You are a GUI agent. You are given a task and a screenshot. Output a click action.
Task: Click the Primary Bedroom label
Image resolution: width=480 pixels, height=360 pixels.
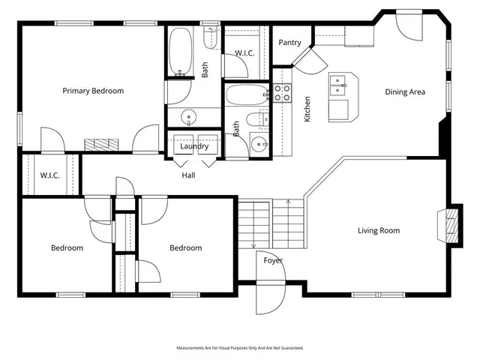click(x=93, y=91)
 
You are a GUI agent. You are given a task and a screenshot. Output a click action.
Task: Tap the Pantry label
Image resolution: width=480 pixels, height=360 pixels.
click(x=289, y=43)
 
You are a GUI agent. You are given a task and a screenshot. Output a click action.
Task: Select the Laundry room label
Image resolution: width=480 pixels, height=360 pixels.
click(x=194, y=146)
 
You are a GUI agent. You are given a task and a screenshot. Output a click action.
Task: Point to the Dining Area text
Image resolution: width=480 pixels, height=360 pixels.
click(x=405, y=92)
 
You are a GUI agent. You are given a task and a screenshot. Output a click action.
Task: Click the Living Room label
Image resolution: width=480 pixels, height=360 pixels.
click(x=378, y=231)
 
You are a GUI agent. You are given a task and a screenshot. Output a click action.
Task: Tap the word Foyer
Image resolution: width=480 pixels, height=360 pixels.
click(x=273, y=260)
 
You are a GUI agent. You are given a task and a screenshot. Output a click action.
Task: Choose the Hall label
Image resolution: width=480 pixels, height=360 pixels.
click(x=188, y=175)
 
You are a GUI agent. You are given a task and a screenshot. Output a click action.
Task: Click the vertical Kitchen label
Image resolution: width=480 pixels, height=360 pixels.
click(x=307, y=109)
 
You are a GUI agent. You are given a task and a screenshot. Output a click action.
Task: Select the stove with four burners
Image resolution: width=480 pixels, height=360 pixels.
click(x=281, y=92)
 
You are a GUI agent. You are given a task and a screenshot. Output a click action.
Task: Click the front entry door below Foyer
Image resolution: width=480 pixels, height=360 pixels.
click(x=267, y=298)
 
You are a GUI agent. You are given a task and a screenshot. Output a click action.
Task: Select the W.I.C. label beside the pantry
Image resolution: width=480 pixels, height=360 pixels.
click(x=245, y=53)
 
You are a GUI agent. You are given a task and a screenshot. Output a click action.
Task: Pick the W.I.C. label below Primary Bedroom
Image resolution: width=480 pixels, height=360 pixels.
click(x=50, y=175)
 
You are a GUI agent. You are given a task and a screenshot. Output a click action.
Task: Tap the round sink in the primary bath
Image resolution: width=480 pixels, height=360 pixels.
click(x=189, y=117)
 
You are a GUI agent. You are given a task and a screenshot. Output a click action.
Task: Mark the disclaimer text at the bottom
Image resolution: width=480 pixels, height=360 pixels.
click(x=240, y=348)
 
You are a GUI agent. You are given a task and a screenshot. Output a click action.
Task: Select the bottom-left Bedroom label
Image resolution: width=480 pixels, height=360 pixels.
click(x=67, y=247)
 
